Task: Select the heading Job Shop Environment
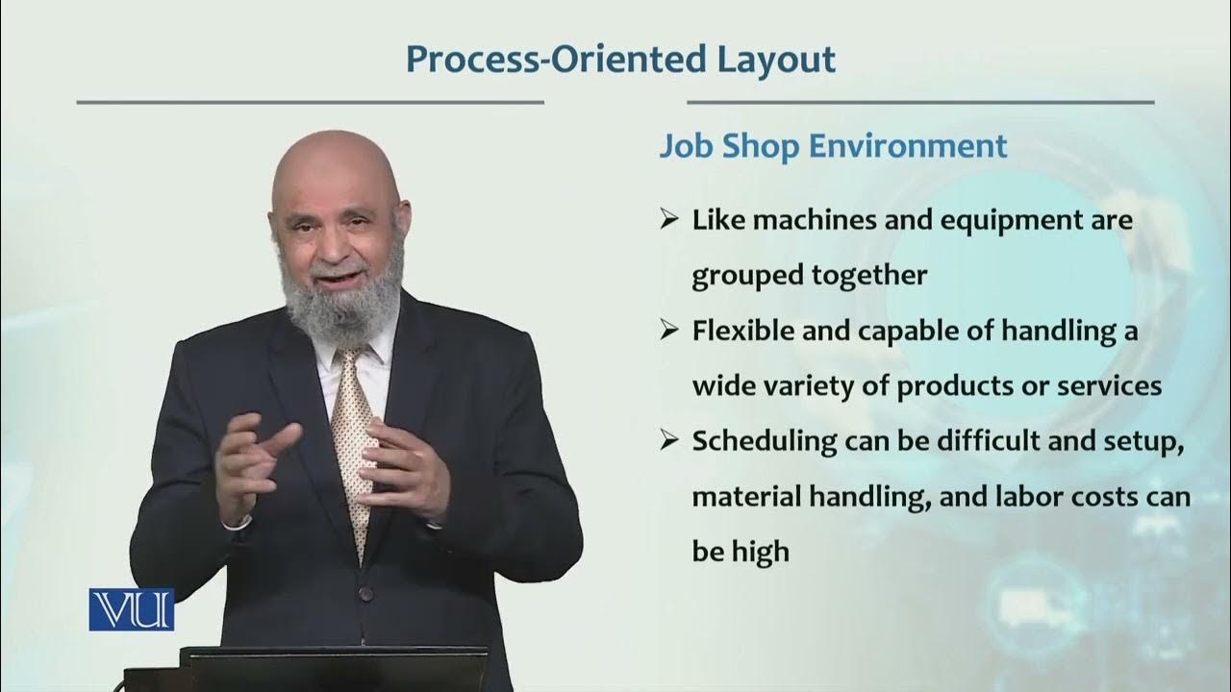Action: pos(833,146)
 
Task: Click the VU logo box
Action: pos(132,609)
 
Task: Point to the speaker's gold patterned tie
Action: pos(356,432)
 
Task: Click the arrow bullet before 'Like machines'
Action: pos(669,220)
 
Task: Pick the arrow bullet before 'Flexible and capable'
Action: pos(669,332)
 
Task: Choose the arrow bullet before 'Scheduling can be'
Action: pos(669,442)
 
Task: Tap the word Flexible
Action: pos(740,332)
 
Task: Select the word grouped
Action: pos(740,276)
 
